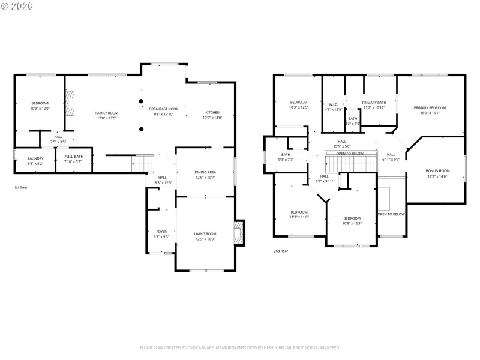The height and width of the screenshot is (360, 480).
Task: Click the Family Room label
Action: pos(107,113)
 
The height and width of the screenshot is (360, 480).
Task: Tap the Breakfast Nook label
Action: pos(164,109)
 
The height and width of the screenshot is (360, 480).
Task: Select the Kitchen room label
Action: pos(212,113)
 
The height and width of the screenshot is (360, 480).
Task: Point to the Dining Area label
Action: pos(205,173)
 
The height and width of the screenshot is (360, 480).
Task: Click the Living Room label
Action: pos(205,233)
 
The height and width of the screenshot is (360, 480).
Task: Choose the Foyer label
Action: pos(161,232)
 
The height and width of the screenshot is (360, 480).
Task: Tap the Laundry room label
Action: pos(35,158)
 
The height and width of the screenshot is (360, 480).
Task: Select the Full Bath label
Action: pos(74,158)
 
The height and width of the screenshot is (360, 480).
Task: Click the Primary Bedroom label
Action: pos(430,108)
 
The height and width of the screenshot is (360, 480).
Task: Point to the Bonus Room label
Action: pos(437,171)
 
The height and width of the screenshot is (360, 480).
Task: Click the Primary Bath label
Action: pos(374,103)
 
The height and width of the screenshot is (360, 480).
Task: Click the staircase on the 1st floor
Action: pos(142,163)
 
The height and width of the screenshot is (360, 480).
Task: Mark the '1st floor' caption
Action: pos(22,188)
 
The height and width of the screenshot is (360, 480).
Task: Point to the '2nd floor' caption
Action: pos(281,251)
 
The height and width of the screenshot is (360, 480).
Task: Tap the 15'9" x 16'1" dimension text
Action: pos(430,113)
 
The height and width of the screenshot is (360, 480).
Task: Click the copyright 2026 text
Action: pos(17,6)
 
